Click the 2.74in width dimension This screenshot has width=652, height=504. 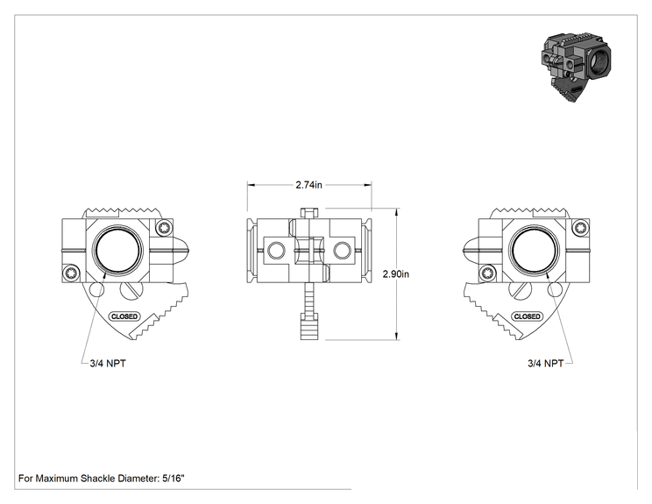[x=308, y=185]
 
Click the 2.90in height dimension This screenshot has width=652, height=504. [x=396, y=274]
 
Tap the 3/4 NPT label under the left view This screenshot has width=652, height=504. [x=108, y=364]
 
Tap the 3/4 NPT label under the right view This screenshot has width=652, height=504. [x=546, y=364]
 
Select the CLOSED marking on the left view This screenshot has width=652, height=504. [x=124, y=316]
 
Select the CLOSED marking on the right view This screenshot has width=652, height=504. [x=528, y=316]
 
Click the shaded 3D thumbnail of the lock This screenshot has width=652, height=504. [x=576, y=67]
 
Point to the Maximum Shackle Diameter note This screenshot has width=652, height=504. [x=101, y=479]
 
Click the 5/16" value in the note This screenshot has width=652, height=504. [x=173, y=479]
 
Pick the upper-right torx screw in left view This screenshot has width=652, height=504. [x=164, y=228]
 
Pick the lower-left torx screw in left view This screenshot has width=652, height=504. [x=71, y=273]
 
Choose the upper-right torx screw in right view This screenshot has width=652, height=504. [x=580, y=228]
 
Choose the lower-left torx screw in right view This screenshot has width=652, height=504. [x=487, y=273]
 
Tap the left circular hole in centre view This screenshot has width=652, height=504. [x=276, y=251]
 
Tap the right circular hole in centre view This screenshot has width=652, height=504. [x=342, y=251]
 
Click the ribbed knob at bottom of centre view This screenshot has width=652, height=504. [x=309, y=326]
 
